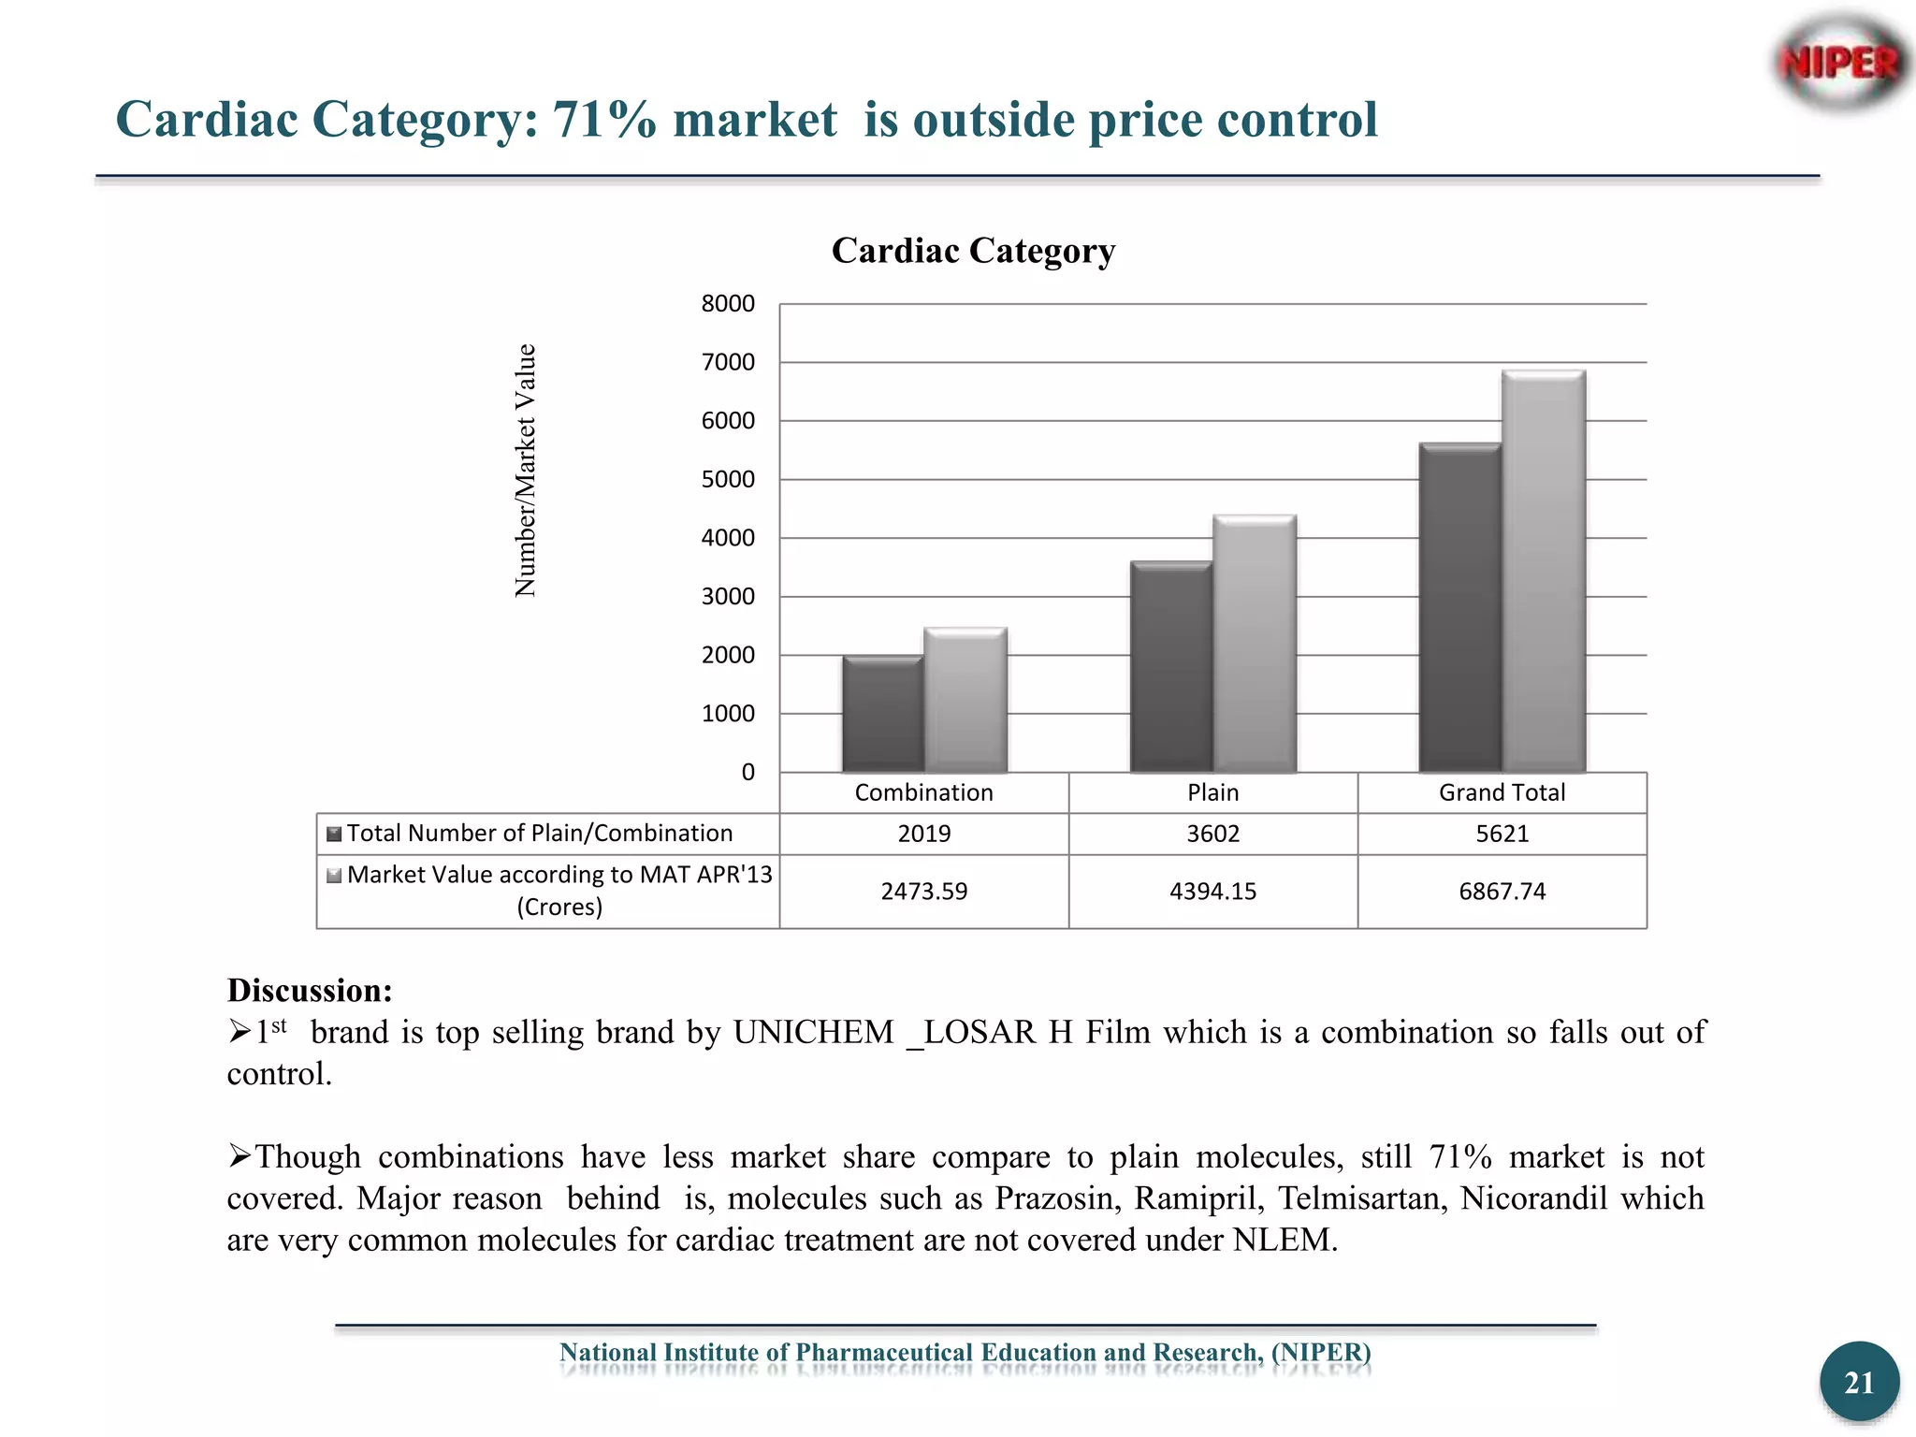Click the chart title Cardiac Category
973,251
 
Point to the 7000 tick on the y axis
728,363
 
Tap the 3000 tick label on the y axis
728,597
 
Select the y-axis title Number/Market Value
526,471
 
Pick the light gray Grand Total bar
1544,571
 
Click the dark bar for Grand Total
1459,608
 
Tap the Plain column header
1212,793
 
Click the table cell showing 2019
923,834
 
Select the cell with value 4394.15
1212,892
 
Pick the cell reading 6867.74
1502,892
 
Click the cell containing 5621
1502,834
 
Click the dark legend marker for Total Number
334,834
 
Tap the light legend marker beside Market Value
334,876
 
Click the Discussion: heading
310,991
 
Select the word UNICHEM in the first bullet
813,1033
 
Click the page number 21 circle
1859,1383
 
